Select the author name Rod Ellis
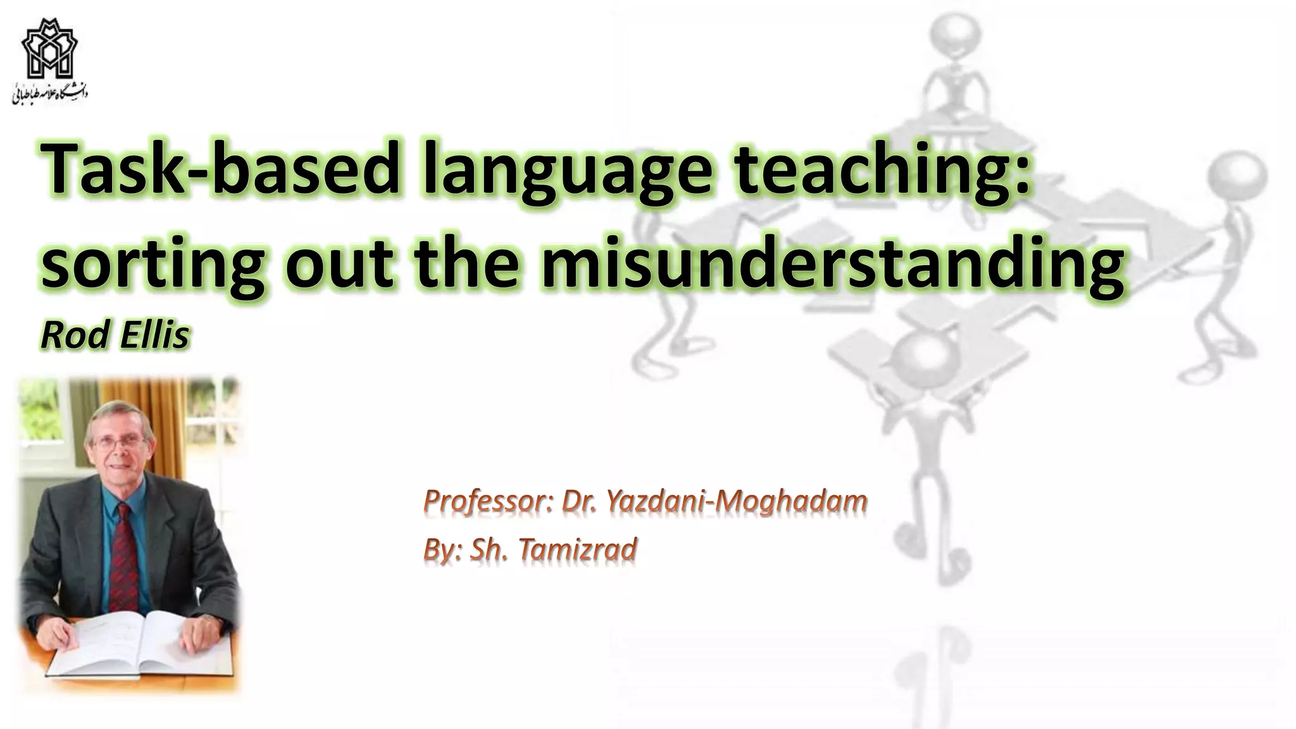pyautogui.click(x=115, y=335)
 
